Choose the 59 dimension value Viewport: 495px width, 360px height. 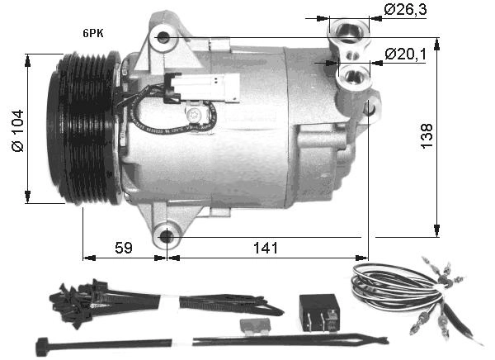click(x=123, y=247)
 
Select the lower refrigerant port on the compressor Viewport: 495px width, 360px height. click(x=356, y=78)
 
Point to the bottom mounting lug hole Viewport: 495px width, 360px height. click(x=167, y=237)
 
